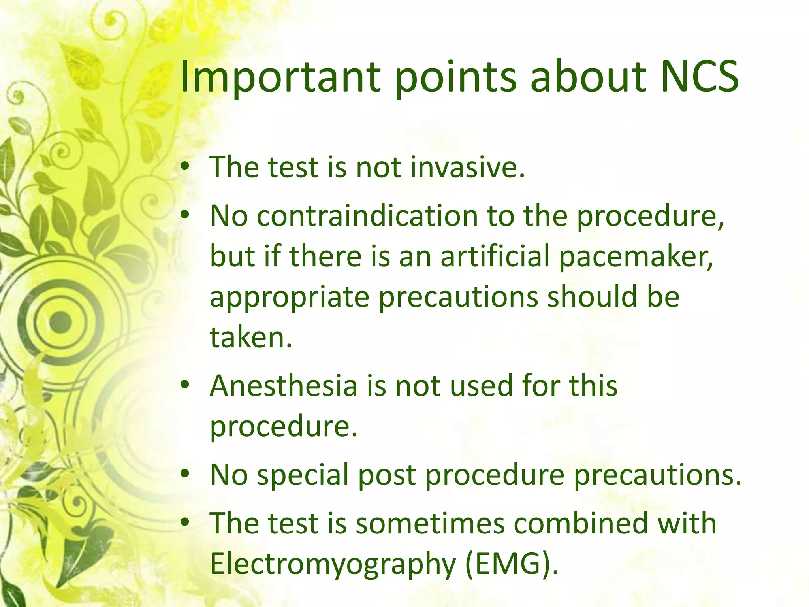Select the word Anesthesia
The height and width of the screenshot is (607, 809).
tap(283, 385)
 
